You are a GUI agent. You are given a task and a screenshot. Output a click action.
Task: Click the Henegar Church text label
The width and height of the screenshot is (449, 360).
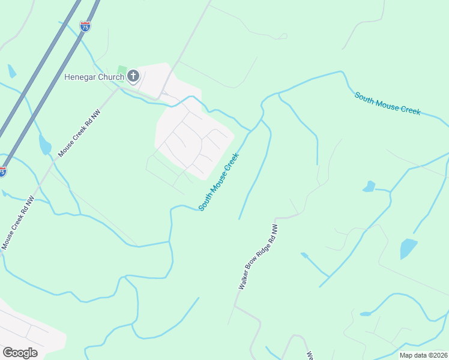[x=94, y=77]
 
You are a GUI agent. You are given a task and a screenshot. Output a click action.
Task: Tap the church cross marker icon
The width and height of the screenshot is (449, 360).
[x=133, y=76]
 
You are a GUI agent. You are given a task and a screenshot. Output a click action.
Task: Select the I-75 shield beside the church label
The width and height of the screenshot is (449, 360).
[x=85, y=26]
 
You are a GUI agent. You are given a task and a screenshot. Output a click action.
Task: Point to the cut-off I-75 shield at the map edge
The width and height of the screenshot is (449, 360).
[x=2, y=172]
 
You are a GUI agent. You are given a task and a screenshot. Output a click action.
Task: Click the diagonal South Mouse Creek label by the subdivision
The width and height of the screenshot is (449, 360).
[x=219, y=181]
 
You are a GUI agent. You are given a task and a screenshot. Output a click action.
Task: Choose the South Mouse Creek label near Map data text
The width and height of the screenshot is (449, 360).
[x=387, y=104]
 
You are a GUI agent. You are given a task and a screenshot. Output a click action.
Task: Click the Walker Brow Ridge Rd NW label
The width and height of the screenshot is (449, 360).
[x=259, y=257]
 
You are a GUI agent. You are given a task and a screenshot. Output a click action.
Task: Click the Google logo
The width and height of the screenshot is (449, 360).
[x=20, y=353]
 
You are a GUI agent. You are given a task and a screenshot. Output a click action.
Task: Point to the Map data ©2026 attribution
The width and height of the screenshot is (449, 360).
[x=423, y=355]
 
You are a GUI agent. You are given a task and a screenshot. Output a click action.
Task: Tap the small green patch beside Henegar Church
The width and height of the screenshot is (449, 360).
[x=122, y=70]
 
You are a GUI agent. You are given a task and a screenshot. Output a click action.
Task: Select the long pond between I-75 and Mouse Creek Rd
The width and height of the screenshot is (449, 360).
[x=44, y=145]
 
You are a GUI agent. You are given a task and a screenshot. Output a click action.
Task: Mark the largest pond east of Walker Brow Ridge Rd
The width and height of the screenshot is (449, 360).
[x=408, y=248]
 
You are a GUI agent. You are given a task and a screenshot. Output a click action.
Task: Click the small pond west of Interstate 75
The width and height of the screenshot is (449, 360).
[x=12, y=71]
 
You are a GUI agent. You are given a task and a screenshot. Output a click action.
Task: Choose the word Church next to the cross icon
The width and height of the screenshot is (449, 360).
[x=113, y=77]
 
